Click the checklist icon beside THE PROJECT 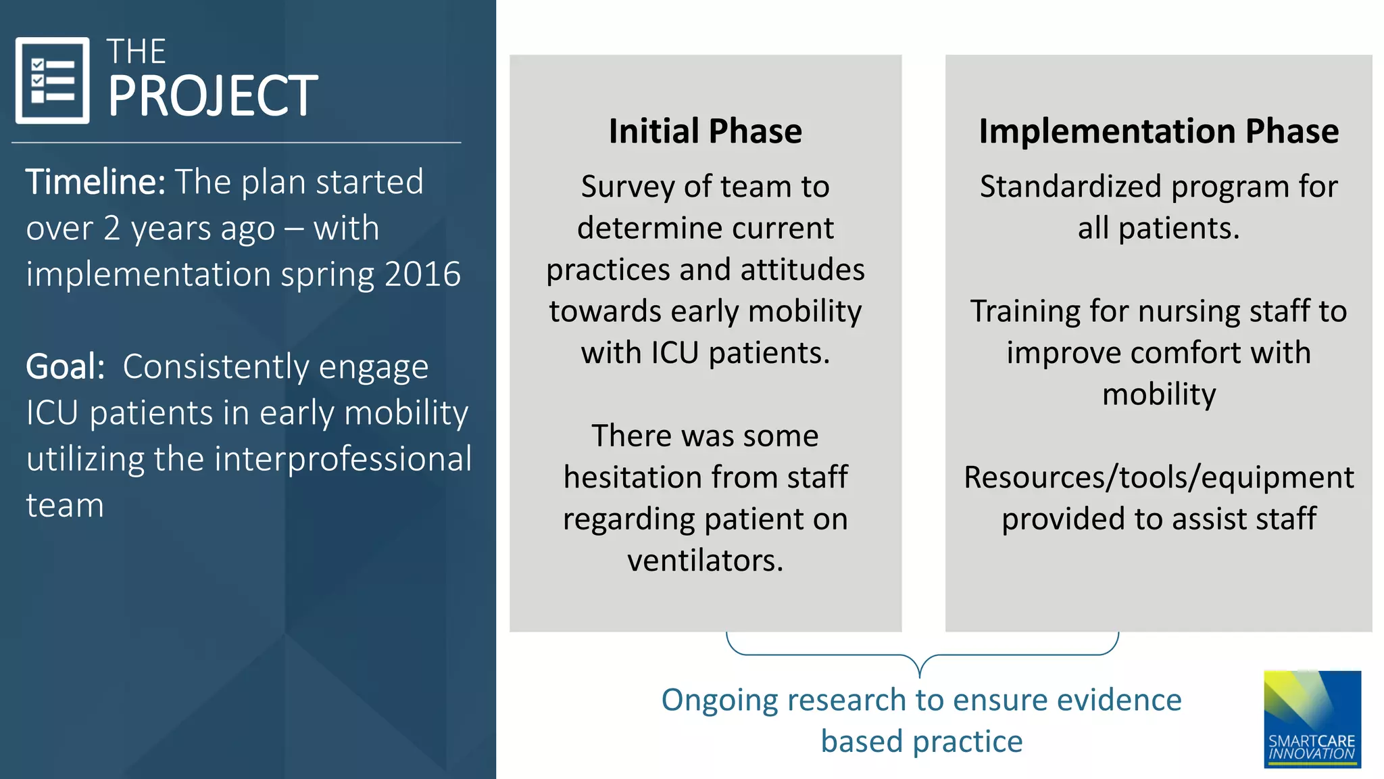(x=53, y=80)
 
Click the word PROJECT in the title (x=212, y=96)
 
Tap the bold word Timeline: (x=95, y=182)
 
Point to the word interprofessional (x=343, y=459)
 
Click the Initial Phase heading (x=705, y=131)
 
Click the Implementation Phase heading (x=1158, y=131)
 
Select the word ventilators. (x=705, y=561)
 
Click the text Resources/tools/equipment (x=1158, y=477)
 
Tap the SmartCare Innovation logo (x=1312, y=719)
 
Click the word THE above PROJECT (x=136, y=52)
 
